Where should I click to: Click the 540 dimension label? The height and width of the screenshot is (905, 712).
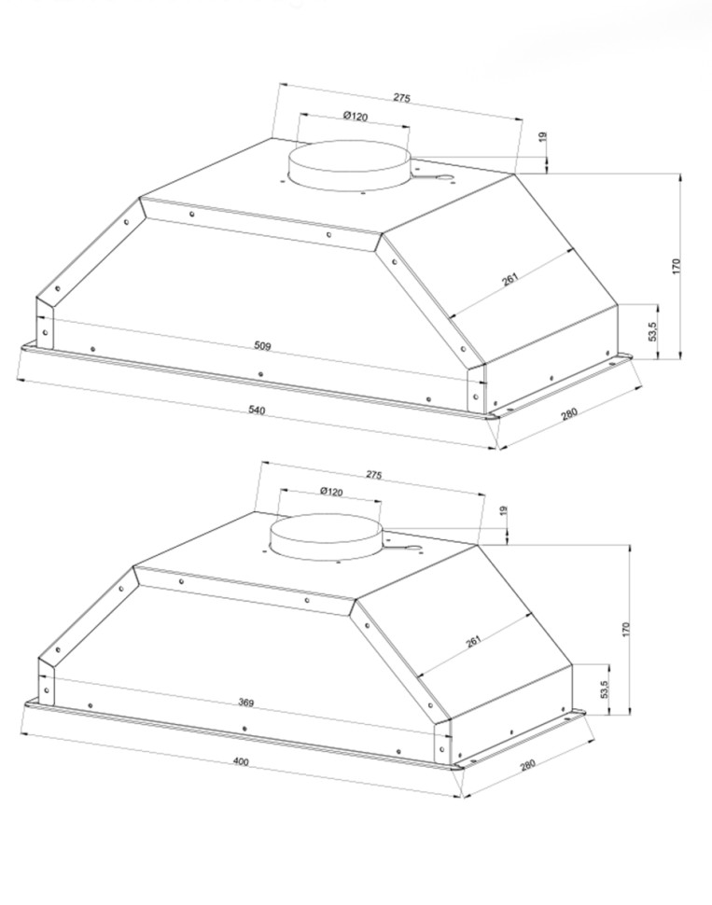257,411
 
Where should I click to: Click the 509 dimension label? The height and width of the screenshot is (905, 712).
262,346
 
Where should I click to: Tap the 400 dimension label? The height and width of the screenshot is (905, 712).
241,762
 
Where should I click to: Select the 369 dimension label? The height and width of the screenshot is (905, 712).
246,703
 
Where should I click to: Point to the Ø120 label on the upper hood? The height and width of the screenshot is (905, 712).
355,117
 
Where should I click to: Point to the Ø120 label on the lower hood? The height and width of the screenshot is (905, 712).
331,491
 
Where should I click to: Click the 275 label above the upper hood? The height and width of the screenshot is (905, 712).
402,98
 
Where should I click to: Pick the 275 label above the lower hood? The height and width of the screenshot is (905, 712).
373,475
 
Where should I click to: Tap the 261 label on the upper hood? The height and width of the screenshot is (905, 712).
510,279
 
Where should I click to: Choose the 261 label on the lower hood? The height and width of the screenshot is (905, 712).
473,641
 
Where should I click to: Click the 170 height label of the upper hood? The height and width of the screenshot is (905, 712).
677,266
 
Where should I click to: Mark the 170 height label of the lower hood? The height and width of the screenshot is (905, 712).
626,630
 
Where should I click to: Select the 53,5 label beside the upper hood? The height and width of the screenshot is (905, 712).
652,332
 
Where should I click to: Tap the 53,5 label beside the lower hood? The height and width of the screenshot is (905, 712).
604,689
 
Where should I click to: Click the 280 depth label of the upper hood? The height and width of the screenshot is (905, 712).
569,413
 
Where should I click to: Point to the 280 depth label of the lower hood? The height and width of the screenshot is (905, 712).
528,765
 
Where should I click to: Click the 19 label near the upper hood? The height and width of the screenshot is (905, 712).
542,137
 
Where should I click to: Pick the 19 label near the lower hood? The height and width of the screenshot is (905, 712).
503,510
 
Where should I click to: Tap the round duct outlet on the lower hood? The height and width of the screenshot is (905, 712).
327,536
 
